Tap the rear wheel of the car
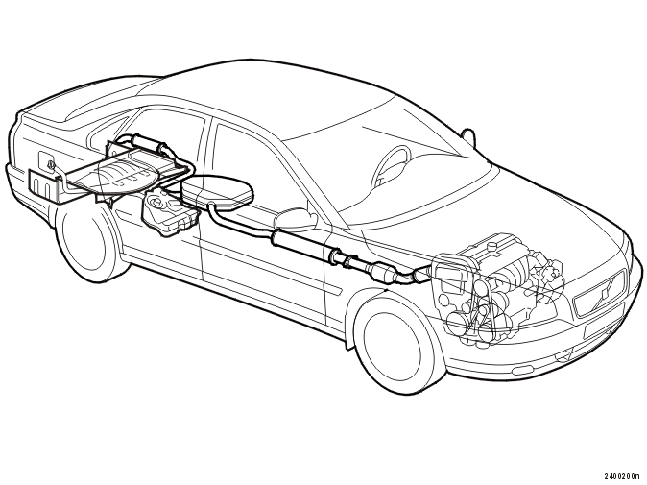pyautogui.click(x=87, y=244)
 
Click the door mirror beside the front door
pyautogui.click(x=297, y=219)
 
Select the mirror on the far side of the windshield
pyautogui.click(x=467, y=135)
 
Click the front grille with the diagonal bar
pyautogui.click(x=600, y=294)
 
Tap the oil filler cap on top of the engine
pyautogui.click(x=491, y=247)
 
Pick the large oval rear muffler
pyautogui.click(x=218, y=191)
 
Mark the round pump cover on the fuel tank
pyautogui.click(x=156, y=203)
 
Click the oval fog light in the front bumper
pyautogui.click(x=564, y=355)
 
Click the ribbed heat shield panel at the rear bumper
pyautogui.click(x=43, y=182)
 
